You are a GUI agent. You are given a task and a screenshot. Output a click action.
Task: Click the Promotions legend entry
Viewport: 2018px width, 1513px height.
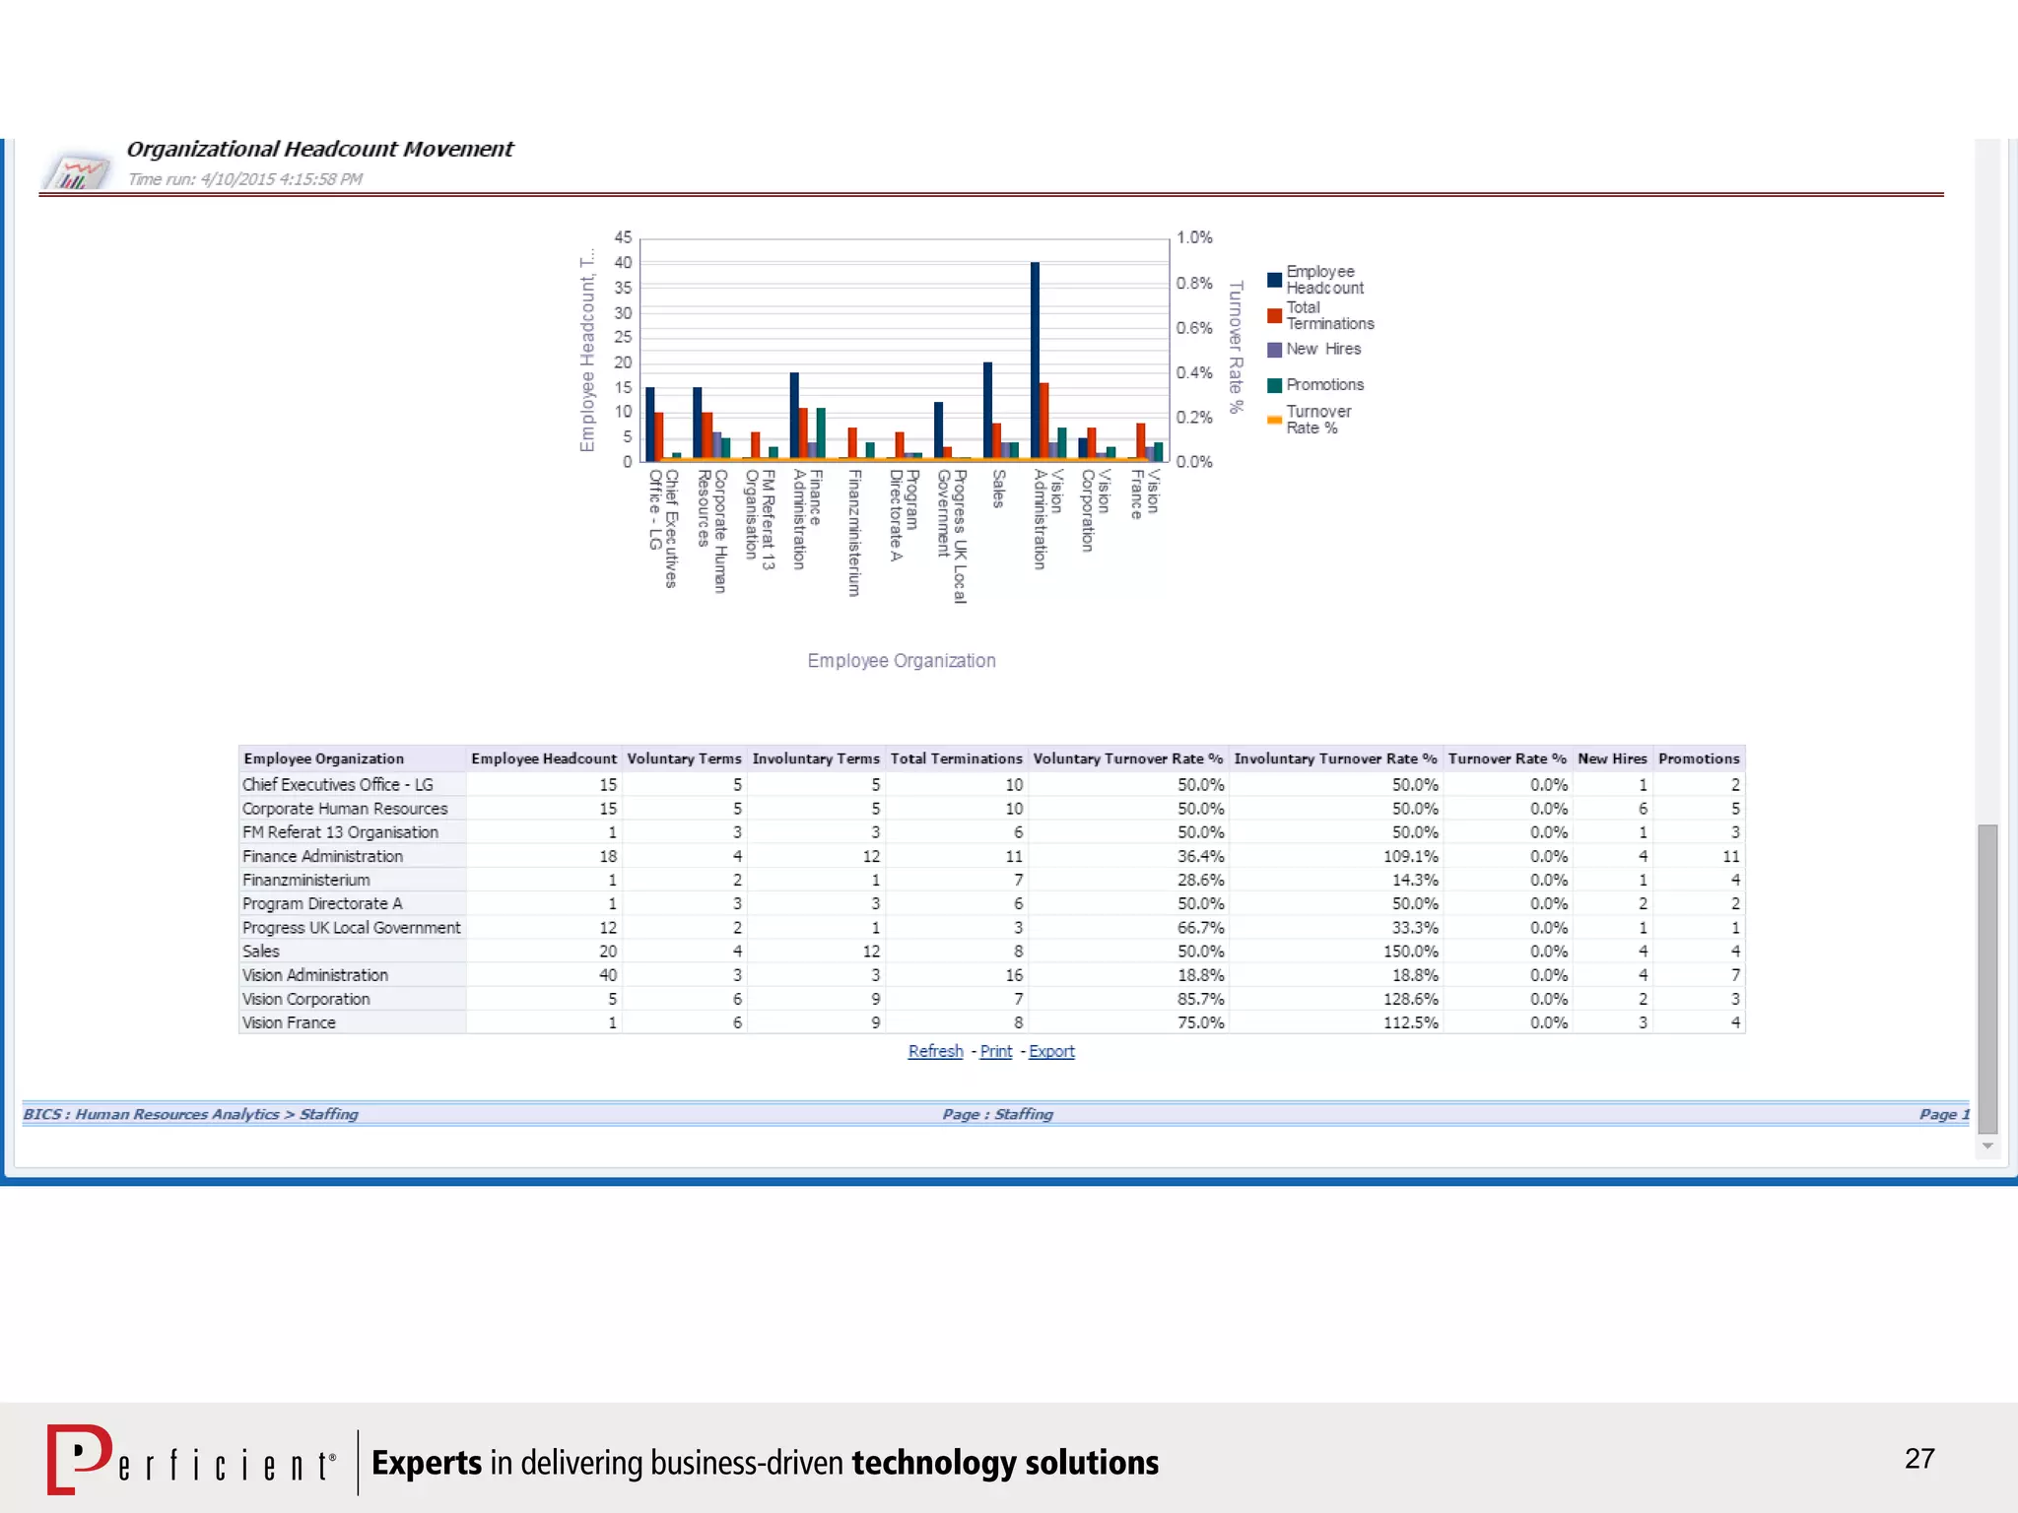pyautogui.click(x=1324, y=385)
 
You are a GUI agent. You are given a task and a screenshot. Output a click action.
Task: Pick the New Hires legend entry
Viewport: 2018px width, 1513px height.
pyautogui.click(x=1322, y=350)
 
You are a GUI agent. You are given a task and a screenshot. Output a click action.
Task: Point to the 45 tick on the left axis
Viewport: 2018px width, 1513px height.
pyautogui.click(x=623, y=237)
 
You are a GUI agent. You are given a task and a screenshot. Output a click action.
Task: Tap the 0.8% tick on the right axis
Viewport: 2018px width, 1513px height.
pyautogui.click(x=1193, y=283)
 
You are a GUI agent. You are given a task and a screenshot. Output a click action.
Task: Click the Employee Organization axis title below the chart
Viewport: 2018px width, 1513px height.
pyautogui.click(x=901, y=661)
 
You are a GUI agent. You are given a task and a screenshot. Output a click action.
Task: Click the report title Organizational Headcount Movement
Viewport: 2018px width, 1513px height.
pyautogui.click(x=319, y=149)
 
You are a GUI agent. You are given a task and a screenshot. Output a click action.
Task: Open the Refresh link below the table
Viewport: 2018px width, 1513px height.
pyautogui.click(x=935, y=1051)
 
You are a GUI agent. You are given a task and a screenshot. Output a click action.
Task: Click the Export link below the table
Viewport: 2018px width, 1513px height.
pyautogui.click(x=1051, y=1051)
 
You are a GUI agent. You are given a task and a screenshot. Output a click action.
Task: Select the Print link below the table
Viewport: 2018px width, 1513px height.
pyautogui.click(x=995, y=1051)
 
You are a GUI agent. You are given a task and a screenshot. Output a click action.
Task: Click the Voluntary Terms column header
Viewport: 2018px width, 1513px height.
pyautogui.click(x=684, y=758)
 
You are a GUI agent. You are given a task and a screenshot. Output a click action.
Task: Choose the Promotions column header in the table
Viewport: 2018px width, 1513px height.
pyautogui.click(x=1699, y=758)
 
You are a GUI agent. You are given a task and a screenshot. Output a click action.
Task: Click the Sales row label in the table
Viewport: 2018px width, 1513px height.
pyautogui.click(x=261, y=952)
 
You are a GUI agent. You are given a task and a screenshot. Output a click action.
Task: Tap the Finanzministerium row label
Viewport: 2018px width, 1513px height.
pyautogui.click(x=306, y=880)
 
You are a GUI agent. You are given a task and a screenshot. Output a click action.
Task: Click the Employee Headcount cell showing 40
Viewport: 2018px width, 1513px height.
pyautogui.click(x=607, y=975)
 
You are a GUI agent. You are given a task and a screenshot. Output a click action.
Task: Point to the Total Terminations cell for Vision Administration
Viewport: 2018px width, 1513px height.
pyautogui.click(x=1014, y=975)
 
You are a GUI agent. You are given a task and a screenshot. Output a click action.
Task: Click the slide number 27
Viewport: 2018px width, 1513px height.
pyautogui.click(x=1919, y=1458)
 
